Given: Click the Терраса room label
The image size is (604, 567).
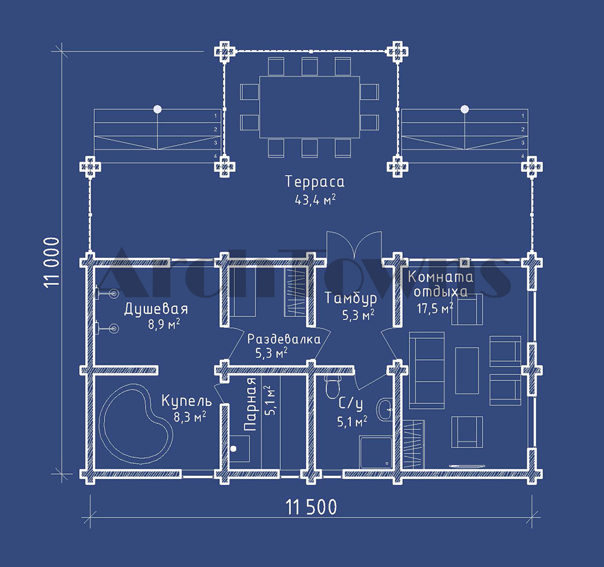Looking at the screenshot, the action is click(x=315, y=181).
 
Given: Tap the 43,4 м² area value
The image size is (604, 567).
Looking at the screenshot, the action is click(x=315, y=200).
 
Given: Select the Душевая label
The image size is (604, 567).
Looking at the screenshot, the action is click(x=156, y=309).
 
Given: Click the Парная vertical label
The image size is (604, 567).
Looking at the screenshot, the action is click(x=251, y=404).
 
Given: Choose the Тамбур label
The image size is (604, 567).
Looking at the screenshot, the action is click(x=350, y=298).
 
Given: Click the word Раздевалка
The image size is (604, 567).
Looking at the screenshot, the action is click(x=283, y=339).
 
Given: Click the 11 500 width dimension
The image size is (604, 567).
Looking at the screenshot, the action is click(x=311, y=507).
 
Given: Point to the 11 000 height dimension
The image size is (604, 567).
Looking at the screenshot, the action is click(x=51, y=262).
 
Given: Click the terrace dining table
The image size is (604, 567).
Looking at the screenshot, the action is click(x=310, y=107).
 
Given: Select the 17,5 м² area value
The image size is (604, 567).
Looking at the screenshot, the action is click(x=435, y=308).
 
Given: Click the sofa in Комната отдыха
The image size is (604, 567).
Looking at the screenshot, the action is click(x=426, y=370).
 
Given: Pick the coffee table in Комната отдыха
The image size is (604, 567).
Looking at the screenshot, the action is click(x=467, y=370).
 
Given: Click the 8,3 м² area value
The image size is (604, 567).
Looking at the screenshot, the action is click(x=190, y=417).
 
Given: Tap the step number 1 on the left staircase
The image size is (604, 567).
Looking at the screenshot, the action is click(x=216, y=115).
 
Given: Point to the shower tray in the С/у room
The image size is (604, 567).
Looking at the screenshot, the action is click(x=376, y=453).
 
